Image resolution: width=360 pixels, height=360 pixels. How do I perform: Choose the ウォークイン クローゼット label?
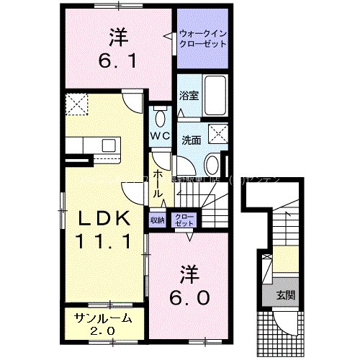202,37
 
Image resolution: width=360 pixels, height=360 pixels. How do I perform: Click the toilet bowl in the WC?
160,118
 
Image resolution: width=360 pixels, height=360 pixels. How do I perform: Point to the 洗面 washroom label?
190,141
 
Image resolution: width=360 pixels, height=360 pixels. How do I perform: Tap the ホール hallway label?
158,183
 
